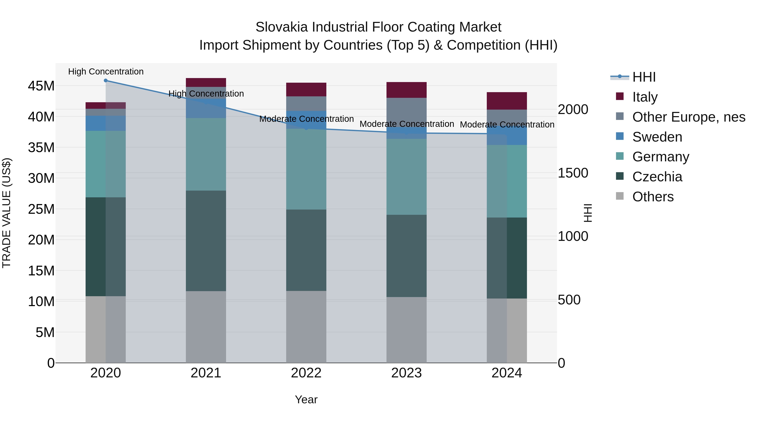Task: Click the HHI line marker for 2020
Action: pyautogui.click(x=106, y=80)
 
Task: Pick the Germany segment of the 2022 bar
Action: pyautogui.click(x=306, y=169)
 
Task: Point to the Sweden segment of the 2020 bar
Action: pyautogui.click(x=106, y=123)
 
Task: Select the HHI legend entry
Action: pyautogui.click(x=644, y=77)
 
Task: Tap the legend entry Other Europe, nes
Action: pyautogui.click(x=688, y=117)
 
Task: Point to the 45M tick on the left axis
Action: pyautogui.click(x=41, y=86)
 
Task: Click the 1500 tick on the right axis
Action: pyautogui.click(x=573, y=173)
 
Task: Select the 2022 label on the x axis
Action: pyautogui.click(x=306, y=373)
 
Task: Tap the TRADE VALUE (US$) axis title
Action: pyautogui.click(x=7, y=213)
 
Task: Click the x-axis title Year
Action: pyautogui.click(x=306, y=399)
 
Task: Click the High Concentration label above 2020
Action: pyautogui.click(x=106, y=72)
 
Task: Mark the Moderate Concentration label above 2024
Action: pyautogui.click(x=507, y=125)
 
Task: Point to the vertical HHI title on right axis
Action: pyautogui.click(x=588, y=213)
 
